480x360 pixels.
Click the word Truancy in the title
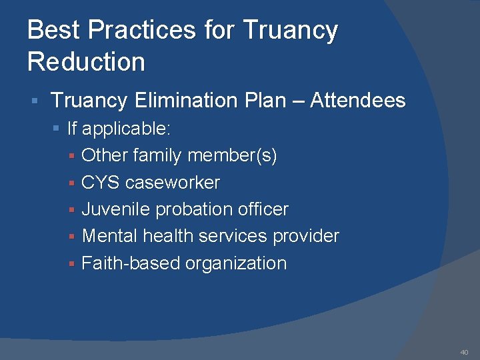(291, 31)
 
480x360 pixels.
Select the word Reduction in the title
(86, 62)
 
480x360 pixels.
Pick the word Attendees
(358, 101)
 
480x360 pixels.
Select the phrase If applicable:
(119, 128)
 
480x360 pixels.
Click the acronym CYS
(101, 183)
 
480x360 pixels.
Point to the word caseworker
(173, 183)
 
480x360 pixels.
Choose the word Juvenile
(116, 209)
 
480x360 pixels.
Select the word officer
(264, 209)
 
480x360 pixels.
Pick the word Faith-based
(131, 263)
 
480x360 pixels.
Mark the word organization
(236, 263)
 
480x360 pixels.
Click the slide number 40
(464, 352)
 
